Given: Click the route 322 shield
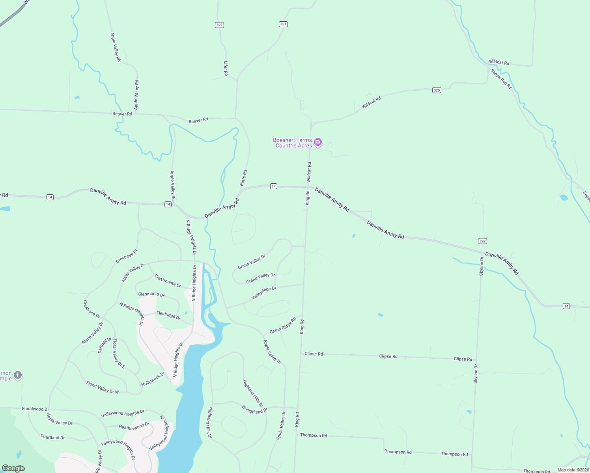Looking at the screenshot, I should (219, 25).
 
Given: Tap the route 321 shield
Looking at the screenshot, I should (283, 24).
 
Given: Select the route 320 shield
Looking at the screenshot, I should (436, 90).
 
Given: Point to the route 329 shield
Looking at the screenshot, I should (482, 241).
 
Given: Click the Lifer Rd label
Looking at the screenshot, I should (226, 69).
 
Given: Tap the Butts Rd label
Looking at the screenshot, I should (244, 178).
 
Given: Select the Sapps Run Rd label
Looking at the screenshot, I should (501, 79).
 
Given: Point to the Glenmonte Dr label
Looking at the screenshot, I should (151, 294).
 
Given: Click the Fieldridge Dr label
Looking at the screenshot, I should (168, 315).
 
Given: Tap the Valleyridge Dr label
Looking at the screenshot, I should (264, 293).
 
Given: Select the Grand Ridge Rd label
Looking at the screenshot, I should (283, 326).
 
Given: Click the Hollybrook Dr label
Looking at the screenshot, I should (153, 379).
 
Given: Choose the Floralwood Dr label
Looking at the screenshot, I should (35, 409).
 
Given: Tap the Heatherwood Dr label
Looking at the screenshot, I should (134, 426).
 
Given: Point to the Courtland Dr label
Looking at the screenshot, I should (52, 437).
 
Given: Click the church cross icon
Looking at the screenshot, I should (17, 376).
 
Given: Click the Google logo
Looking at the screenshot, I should (13, 468).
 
